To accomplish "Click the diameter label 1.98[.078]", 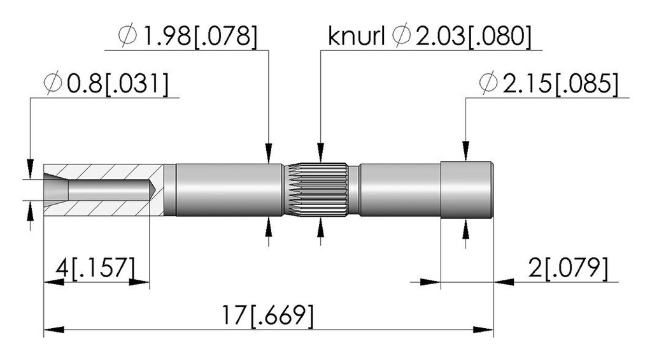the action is (x=200, y=36).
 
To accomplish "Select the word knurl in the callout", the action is (x=356, y=36).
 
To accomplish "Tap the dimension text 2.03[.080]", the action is (x=473, y=36).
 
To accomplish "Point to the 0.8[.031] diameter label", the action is (x=118, y=84).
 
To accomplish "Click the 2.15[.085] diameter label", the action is (x=560, y=84).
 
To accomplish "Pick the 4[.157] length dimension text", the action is (x=96, y=268).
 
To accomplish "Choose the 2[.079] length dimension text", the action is (x=568, y=268).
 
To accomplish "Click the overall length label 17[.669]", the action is (x=267, y=315).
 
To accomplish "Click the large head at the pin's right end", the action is (x=467, y=190).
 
